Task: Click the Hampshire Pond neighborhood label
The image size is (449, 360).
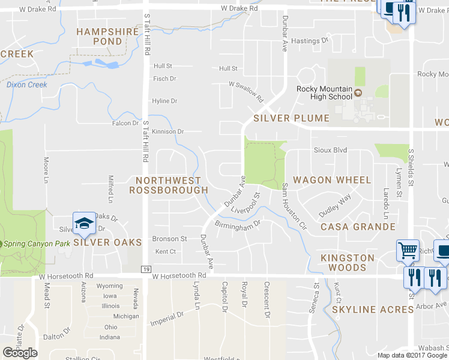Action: coord(100,36)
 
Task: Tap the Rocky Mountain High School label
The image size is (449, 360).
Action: coord(324,92)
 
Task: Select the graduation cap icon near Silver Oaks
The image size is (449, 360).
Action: coord(85,224)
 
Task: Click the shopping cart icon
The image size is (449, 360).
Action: coord(408,250)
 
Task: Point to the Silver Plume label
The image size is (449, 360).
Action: coord(291,118)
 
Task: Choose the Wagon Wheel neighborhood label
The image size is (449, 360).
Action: coord(332,180)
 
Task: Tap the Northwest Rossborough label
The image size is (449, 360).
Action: coord(168,185)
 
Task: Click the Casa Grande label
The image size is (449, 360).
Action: coord(358,227)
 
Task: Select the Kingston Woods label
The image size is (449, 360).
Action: coord(348,263)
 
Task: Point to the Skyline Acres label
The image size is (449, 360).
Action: coord(373,309)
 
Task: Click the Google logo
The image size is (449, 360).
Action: coord(20,353)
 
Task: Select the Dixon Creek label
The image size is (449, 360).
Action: coord(27,85)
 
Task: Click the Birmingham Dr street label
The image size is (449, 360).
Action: coord(237,225)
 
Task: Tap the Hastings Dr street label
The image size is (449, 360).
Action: coord(310,41)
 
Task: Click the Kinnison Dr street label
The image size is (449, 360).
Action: coord(167,131)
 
